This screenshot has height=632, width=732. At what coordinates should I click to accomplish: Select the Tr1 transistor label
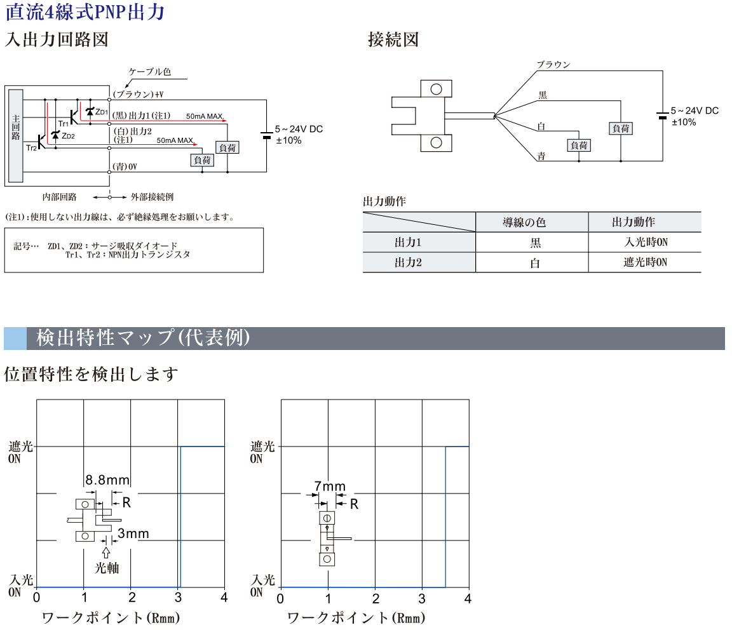coord(63,123)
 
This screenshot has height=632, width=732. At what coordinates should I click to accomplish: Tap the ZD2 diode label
coord(68,137)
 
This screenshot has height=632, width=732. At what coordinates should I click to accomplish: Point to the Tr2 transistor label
coord(31,147)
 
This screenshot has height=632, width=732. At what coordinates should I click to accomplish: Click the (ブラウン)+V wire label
coord(138,95)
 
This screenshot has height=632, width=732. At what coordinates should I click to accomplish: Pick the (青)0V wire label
coord(125,166)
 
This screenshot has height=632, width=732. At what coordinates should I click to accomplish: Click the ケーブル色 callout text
coord(150,72)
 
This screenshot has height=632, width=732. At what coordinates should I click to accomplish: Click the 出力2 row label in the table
coord(409,262)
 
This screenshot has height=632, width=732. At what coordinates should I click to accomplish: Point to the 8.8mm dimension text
coord(107,480)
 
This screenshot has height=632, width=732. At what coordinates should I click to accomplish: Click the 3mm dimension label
coord(133,534)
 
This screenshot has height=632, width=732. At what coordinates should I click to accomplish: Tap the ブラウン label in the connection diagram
coord(553,65)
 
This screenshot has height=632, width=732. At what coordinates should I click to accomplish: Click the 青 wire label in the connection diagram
coord(541,156)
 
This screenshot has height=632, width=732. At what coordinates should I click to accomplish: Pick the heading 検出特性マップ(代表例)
coord(143,338)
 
